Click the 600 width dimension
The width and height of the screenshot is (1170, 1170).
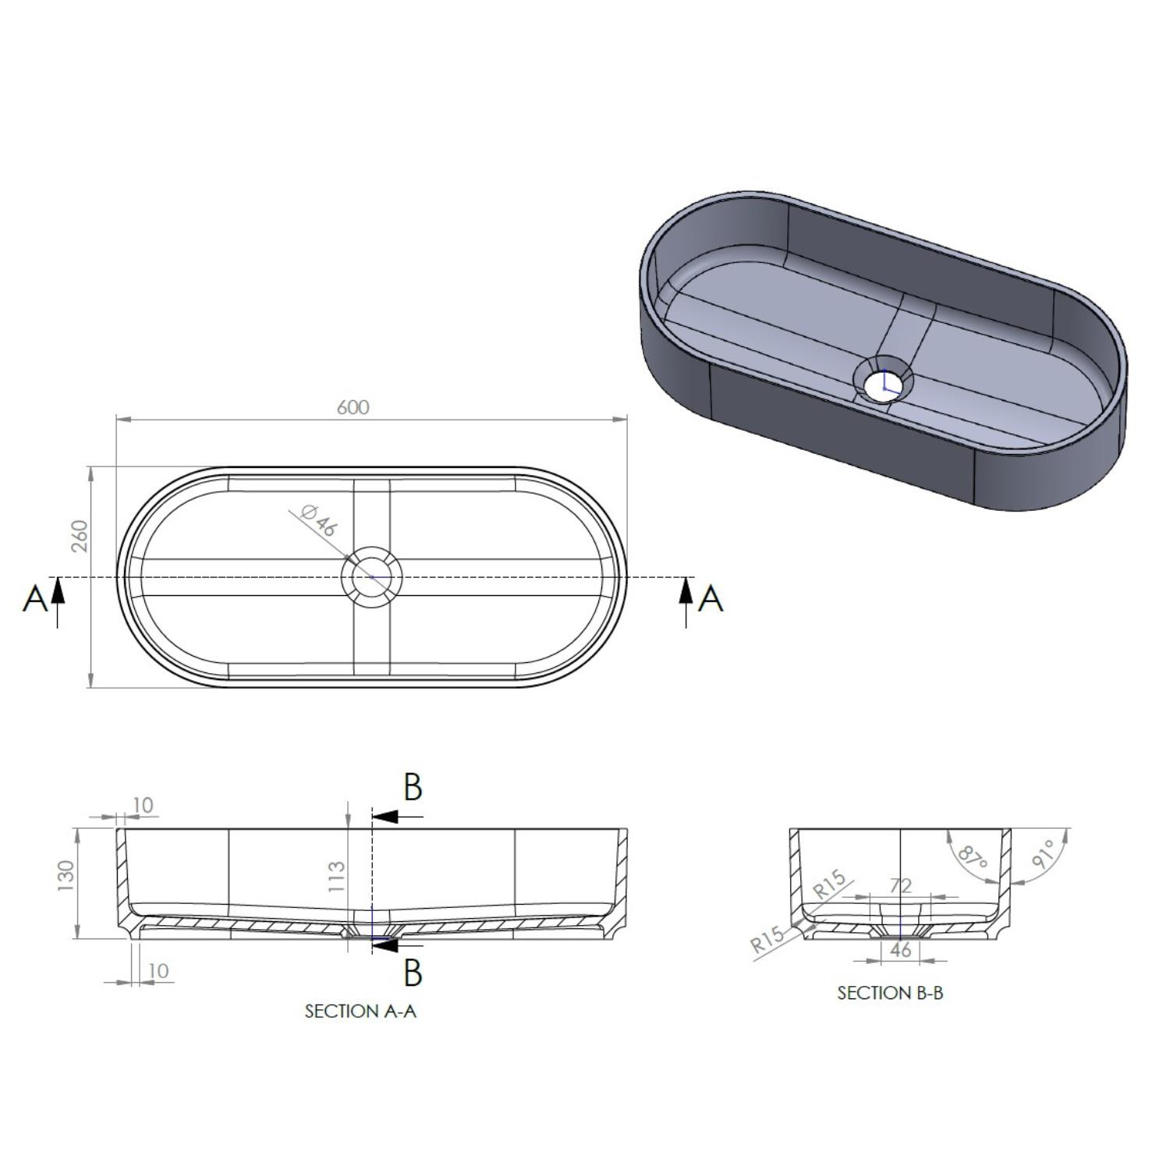pyautogui.click(x=353, y=407)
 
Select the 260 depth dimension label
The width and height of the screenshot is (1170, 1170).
pyautogui.click(x=80, y=536)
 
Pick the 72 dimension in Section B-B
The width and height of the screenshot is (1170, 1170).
pyautogui.click(x=900, y=885)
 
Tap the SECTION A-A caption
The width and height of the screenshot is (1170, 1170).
pyautogui.click(x=360, y=1011)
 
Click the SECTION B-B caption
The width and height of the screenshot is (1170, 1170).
pyautogui.click(x=890, y=993)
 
